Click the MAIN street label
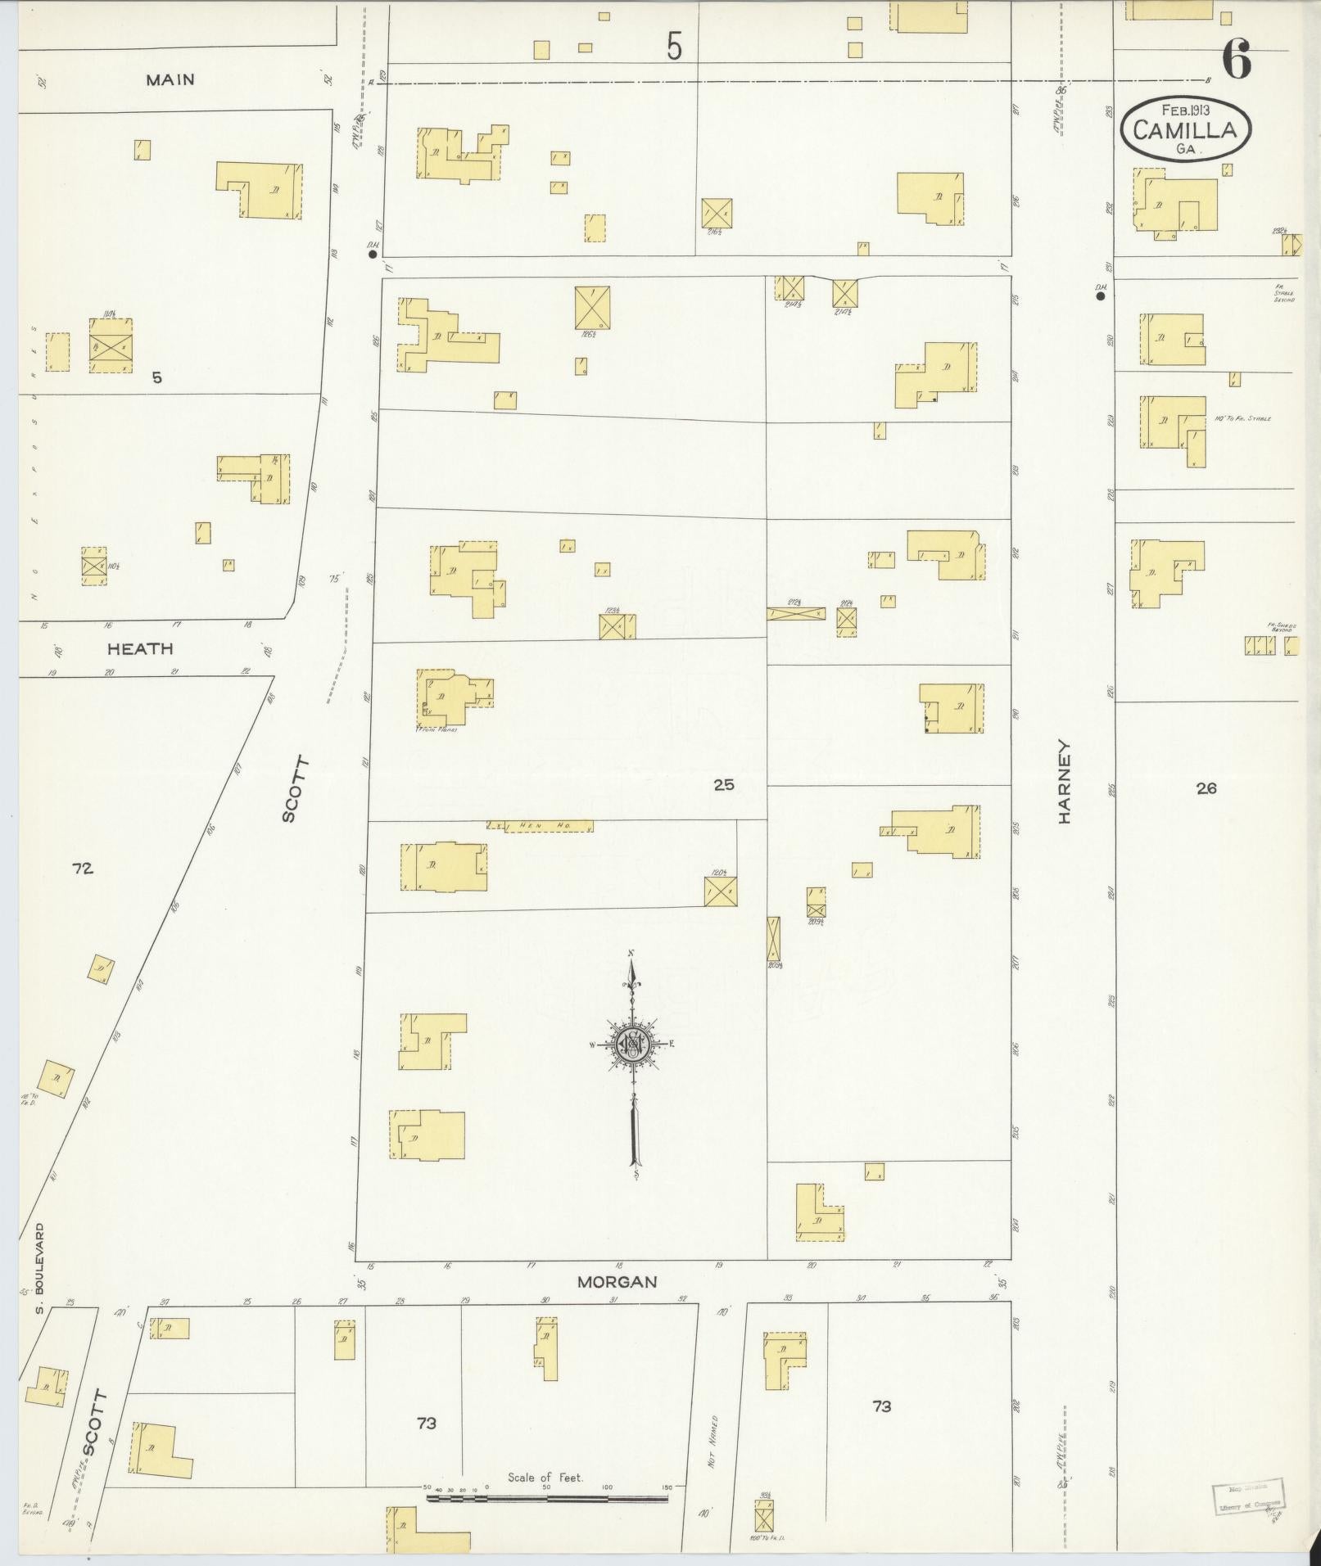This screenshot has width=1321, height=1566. tap(170, 79)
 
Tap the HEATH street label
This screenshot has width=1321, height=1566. tap(141, 648)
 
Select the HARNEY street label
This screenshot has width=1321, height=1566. tap(1065, 782)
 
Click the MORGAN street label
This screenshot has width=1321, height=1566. tap(618, 1281)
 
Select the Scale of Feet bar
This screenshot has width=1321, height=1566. tap(546, 1499)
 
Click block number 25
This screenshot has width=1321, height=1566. tap(724, 784)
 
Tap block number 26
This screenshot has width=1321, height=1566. tap(1206, 788)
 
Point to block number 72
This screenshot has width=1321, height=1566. tap(82, 868)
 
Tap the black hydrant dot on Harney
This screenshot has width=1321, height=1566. tap(1101, 296)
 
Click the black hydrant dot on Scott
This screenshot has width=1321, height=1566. tap(373, 255)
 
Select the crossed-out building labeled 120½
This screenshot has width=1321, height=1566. tap(721, 891)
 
